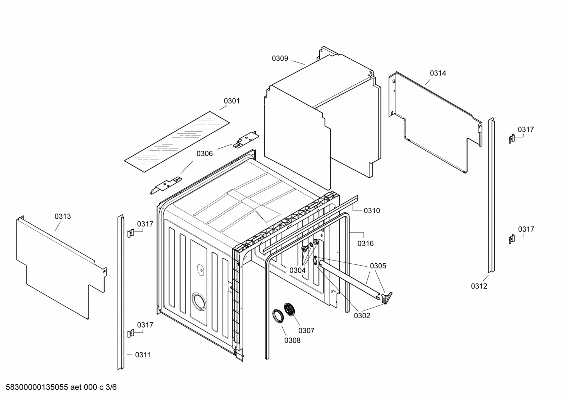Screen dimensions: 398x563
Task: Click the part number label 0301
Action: [232, 101]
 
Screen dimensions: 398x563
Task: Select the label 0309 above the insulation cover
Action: [280, 59]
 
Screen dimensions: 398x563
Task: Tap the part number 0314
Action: [438, 73]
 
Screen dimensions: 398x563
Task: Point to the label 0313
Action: [62, 216]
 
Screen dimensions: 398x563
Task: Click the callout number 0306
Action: [205, 153]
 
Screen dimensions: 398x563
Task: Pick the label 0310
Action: [372, 211]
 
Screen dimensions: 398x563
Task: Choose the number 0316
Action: [365, 244]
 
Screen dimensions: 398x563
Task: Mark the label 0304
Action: [298, 270]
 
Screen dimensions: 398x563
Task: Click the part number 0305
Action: [378, 266]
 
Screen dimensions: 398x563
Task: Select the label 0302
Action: [362, 316]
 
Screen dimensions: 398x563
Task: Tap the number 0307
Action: [306, 331]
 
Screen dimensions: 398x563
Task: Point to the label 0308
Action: [292, 341]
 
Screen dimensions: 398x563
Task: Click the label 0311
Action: [143, 355]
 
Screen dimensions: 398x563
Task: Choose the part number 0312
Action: [479, 286]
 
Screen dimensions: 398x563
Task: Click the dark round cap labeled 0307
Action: [290, 310]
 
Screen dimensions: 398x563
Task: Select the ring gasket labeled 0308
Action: [278, 316]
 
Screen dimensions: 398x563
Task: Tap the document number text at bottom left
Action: [59, 387]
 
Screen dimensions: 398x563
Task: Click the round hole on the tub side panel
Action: [199, 302]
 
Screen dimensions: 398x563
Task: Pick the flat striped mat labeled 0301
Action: [177, 142]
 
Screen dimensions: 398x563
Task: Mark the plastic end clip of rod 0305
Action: [387, 298]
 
